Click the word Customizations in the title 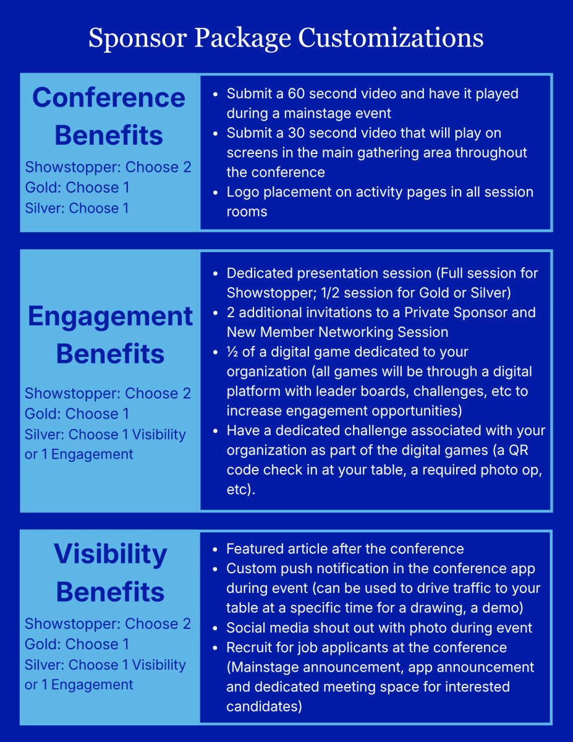tap(391, 38)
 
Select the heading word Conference tap(109, 98)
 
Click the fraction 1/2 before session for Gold tap(330, 292)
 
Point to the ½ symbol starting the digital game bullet tap(232, 352)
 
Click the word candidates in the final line tap(264, 707)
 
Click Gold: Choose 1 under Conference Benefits tap(77, 187)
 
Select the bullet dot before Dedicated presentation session tap(215, 274)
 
